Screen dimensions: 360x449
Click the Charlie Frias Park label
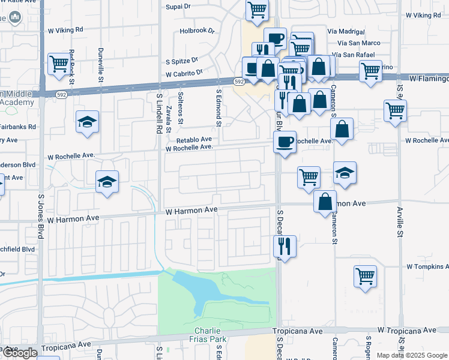[211, 335]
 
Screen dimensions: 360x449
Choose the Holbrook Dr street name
[197, 31]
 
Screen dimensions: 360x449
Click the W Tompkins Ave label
[427, 266]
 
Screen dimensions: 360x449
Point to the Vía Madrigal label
[346, 31]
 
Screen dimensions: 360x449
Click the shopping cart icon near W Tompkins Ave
[365, 276]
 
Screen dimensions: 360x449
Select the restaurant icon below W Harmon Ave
[285, 245]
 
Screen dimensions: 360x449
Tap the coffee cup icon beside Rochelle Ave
[285, 142]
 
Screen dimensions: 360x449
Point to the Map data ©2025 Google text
[411, 355]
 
